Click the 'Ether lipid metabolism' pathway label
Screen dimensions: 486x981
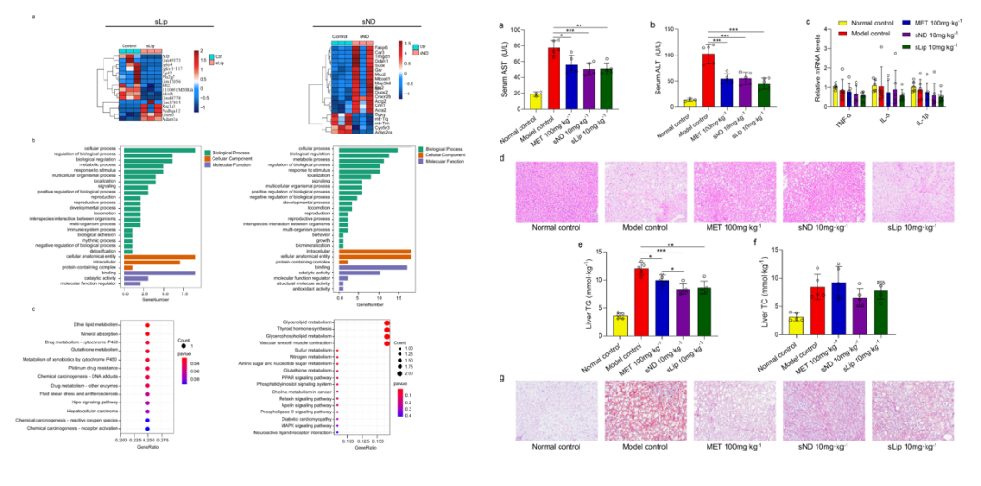click(x=94, y=323)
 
